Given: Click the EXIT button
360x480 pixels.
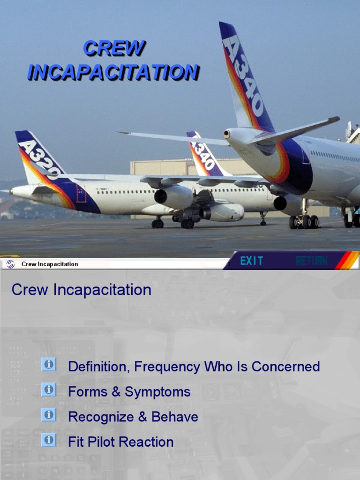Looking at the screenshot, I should point(252,261).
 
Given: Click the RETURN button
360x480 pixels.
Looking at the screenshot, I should point(311,261).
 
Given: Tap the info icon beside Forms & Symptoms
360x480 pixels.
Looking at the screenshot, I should point(48,390).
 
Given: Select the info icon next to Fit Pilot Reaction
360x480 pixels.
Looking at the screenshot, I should point(48,440).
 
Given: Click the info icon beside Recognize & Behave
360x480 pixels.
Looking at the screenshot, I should point(48,415).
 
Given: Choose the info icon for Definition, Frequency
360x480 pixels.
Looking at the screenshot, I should point(48,364).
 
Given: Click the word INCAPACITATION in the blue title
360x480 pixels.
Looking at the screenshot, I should point(113,72).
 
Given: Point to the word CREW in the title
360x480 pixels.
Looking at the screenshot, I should point(114,48).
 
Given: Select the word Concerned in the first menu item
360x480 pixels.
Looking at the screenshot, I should point(285,367).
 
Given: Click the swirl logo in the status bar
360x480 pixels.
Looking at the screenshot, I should point(10,264).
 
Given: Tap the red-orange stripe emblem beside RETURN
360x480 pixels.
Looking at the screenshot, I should point(347,261).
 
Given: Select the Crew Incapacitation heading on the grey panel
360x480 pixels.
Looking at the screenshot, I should point(82,290).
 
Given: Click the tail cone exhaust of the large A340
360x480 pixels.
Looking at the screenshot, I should point(227,134).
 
